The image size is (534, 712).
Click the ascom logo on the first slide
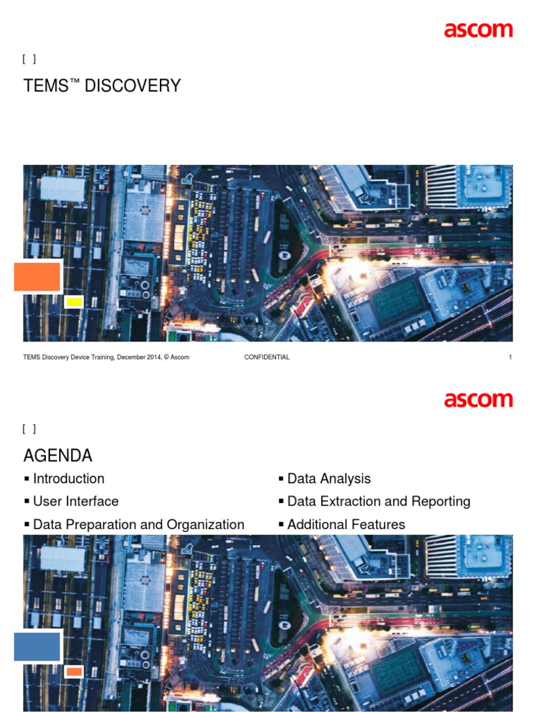pos(478,30)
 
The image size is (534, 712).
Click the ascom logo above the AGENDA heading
pos(478,400)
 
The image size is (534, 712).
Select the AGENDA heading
pos(58,456)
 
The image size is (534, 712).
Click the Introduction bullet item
pos(68,478)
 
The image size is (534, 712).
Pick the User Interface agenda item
pos(75,501)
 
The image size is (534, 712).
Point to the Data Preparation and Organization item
pos(138,524)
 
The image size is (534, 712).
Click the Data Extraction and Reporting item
pos(378,501)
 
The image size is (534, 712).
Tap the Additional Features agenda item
pos(346,524)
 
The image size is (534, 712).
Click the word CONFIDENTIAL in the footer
pos(267,357)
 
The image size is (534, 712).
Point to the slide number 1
pos(510,357)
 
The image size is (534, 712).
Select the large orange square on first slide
pos(38,277)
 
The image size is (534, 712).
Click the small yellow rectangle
pos(74,302)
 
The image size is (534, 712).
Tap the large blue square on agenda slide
pos(38,647)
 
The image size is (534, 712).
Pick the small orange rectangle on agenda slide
pos(74,672)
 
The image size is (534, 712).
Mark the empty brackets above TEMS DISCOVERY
pos(29,59)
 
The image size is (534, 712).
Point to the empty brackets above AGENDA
pos(29,429)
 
